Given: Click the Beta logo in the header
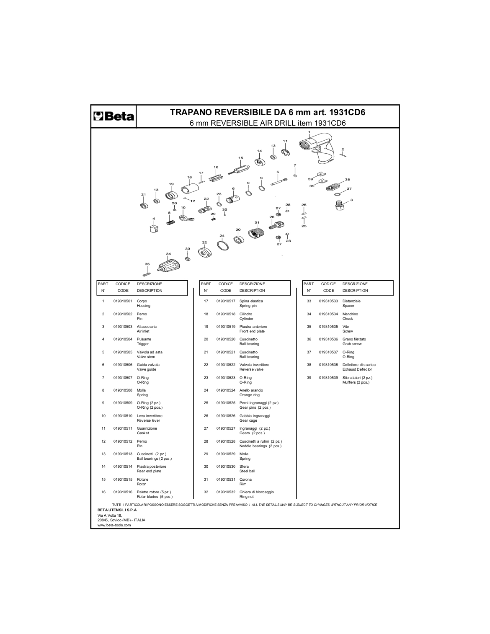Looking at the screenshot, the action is pos(114,116).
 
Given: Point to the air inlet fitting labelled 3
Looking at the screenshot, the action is pos(340,206).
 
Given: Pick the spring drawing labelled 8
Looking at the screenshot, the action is pos(170,222).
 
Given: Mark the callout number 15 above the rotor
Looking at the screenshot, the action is pos(241,158).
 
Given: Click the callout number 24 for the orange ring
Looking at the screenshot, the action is pos(222,236).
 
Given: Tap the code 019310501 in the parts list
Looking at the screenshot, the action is pos(123,301).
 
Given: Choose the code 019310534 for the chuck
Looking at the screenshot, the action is pos(328,314).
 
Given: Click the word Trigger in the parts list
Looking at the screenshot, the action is pos(143,344).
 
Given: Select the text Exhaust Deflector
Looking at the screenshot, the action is pos(357,369).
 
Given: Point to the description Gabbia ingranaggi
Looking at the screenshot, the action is pos(255,416).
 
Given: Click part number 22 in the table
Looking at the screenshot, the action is pos(206,365).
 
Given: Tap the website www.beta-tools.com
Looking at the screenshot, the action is pos(114,525).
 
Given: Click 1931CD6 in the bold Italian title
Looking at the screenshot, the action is pos(347,112).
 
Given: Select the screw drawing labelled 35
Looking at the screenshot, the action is pos(147,274).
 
